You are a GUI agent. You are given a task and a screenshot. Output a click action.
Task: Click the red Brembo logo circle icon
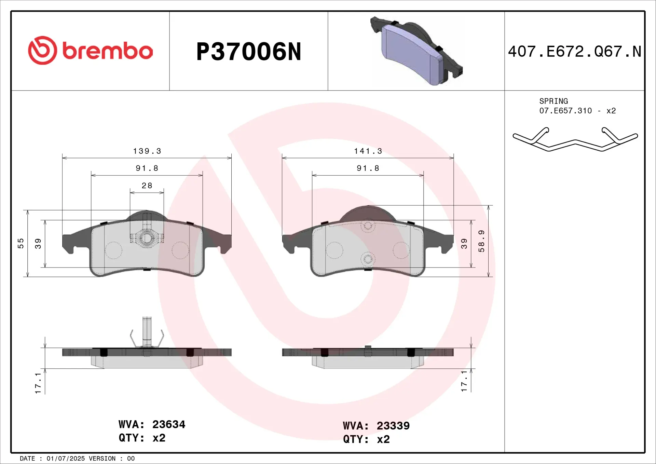pyautogui.click(x=42, y=50)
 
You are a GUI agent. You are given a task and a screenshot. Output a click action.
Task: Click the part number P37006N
pyautogui.click(x=249, y=52)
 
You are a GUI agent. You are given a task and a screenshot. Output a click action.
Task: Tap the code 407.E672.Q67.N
pyautogui.click(x=574, y=52)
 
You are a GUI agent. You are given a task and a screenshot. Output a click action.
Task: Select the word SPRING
pyautogui.click(x=553, y=101)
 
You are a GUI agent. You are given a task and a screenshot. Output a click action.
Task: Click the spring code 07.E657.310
pyautogui.click(x=565, y=111)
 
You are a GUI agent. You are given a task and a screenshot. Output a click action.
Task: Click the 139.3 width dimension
pyautogui.click(x=147, y=151)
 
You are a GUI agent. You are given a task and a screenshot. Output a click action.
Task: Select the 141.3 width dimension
pyautogui.click(x=368, y=151)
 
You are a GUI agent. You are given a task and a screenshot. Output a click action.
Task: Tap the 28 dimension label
pyautogui.click(x=147, y=186)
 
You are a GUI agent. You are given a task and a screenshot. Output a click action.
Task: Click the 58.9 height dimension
pyautogui.click(x=481, y=241)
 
